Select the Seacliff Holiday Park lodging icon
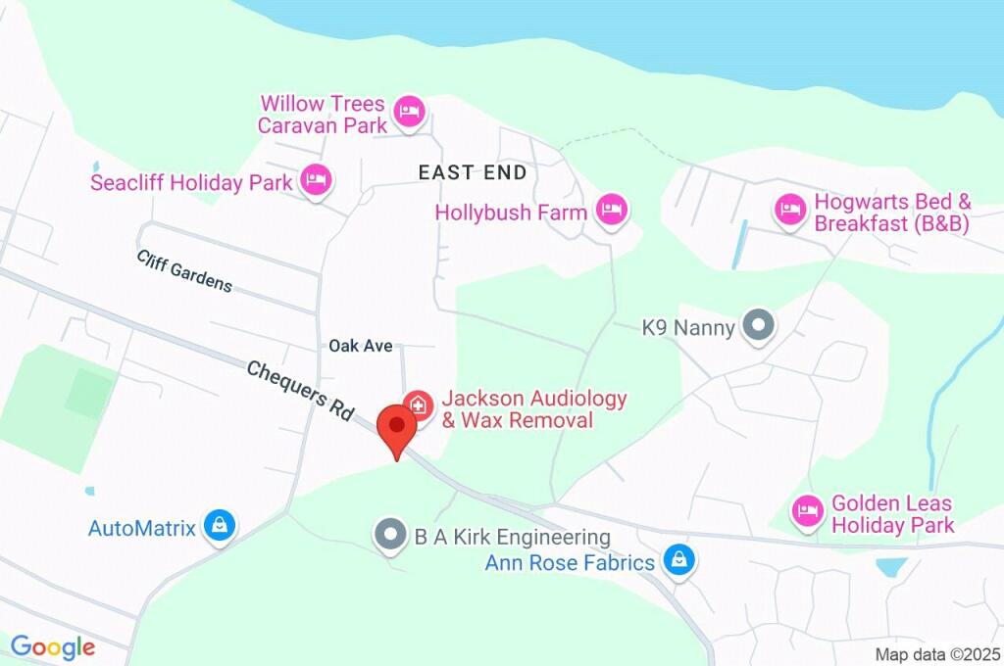click(315, 179)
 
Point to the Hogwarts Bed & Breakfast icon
click(789, 208)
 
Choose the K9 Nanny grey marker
click(757, 325)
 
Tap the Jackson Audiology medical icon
click(419, 404)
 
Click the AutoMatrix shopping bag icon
click(218, 526)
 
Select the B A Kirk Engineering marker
click(390, 535)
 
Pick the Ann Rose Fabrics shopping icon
click(677, 560)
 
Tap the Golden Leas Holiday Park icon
click(807, 510)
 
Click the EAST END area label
click(472, 173)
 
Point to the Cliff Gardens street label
click(184, 270)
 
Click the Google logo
click(52, 647)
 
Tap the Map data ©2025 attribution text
click(936, 654)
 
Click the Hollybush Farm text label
click(511, 212)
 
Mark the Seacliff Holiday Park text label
click(191, 183)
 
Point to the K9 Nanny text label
click(687, 328)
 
